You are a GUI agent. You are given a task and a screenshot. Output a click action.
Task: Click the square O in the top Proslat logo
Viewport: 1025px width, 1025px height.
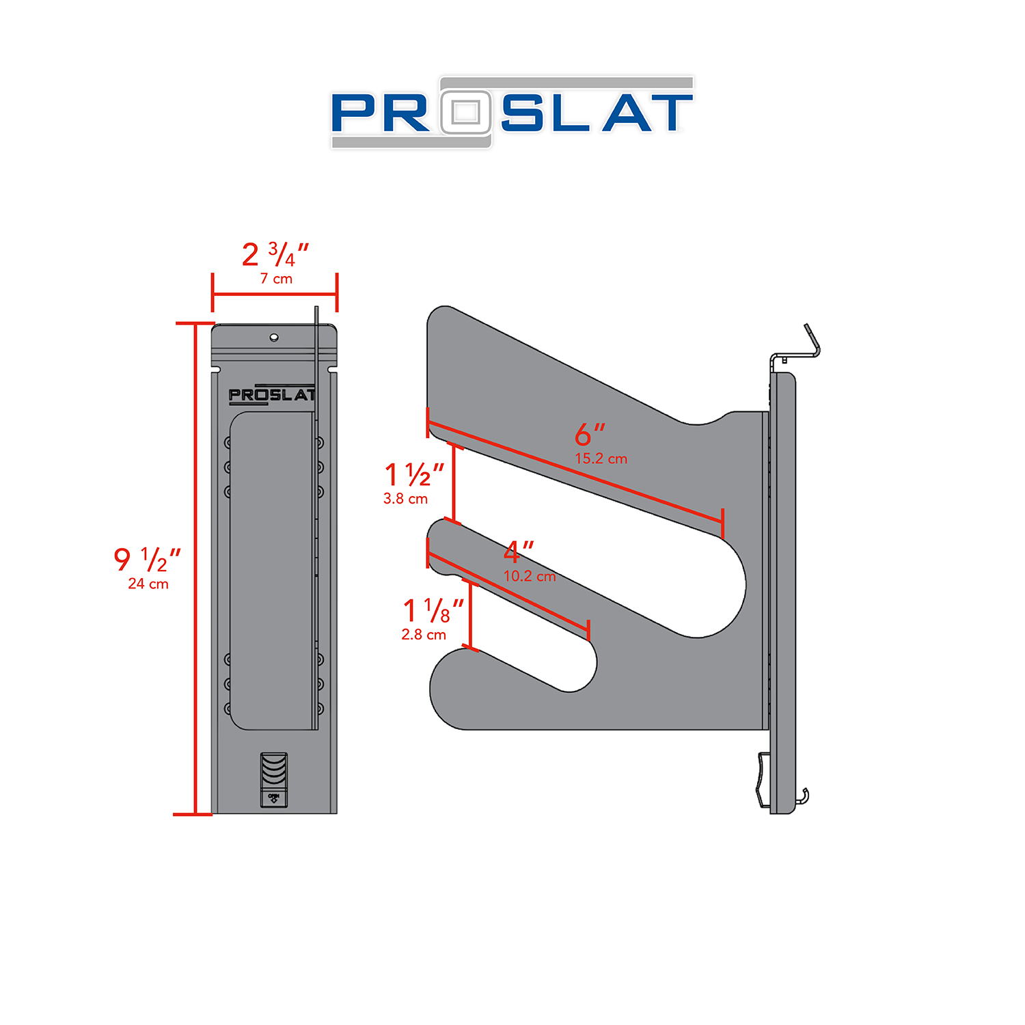tap(466, 112)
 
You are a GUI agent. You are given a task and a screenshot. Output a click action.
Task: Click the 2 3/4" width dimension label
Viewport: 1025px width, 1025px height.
tap(275, 255)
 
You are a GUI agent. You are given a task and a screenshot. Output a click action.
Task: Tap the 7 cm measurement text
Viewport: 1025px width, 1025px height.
tap(276, 279)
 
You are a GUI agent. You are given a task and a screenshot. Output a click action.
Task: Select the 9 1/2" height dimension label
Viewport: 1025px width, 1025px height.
tap(147, 560)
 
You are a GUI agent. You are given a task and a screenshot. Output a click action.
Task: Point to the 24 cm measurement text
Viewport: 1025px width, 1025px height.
tap(148, 584)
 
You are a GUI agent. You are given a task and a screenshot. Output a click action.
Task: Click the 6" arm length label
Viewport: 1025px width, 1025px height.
tap(590, 434)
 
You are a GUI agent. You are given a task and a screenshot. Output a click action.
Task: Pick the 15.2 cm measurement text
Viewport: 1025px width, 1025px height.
tap(601, 459)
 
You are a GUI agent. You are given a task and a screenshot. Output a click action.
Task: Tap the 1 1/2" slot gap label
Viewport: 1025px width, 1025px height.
tap(414, 474)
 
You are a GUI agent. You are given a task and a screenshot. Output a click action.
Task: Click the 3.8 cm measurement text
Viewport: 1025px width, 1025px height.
tap(405, 499)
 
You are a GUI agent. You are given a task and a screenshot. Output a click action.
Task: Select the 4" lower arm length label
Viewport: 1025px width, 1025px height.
tap(518, 551)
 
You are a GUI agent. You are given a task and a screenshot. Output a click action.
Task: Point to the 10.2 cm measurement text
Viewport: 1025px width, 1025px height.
tap(530, 576)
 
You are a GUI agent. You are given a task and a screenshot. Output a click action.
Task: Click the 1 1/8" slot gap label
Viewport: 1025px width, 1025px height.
tap(433, 610)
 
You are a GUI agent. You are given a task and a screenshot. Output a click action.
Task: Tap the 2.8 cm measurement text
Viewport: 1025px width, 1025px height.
tap(424, 635)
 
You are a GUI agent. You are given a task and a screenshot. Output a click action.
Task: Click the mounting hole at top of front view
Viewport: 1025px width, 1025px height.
tap(274, 337)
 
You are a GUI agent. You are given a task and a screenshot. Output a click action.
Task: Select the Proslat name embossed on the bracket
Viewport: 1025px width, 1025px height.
tap(272, 395)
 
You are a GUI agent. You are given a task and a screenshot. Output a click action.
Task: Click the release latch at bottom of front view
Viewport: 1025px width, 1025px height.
tap(274, 780)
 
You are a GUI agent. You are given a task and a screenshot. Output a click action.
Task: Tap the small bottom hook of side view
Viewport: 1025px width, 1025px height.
tap(805, 795)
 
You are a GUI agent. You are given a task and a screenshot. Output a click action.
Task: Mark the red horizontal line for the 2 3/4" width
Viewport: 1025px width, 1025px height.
tap(275, 295)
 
